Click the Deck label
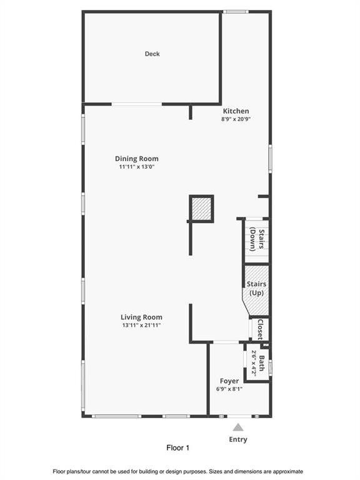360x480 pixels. coord(152,54)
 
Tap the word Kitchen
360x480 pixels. coord(236,111)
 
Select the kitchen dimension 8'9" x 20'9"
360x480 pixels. coord(236,119)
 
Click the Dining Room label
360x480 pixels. coord(137,159)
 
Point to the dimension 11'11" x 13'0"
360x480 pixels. coord(137,167)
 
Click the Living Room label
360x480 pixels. coord(141,317)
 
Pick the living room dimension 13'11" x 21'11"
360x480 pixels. coord(141,325)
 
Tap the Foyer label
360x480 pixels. coord(229,381)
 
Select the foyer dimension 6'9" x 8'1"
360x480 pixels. coord(229,389)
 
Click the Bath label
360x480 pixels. coord(262,363)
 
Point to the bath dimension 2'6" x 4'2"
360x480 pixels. coord(254,363)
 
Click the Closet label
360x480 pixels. coord(260,329)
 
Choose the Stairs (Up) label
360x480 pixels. coord(256,288)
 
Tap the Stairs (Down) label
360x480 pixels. coord(257,239)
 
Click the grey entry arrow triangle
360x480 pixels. coord(238,427)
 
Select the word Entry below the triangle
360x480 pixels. coord(238,439)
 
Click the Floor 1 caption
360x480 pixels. coord(178,448)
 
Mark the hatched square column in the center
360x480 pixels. coord(201,209)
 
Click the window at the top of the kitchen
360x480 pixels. coord(236,12)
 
